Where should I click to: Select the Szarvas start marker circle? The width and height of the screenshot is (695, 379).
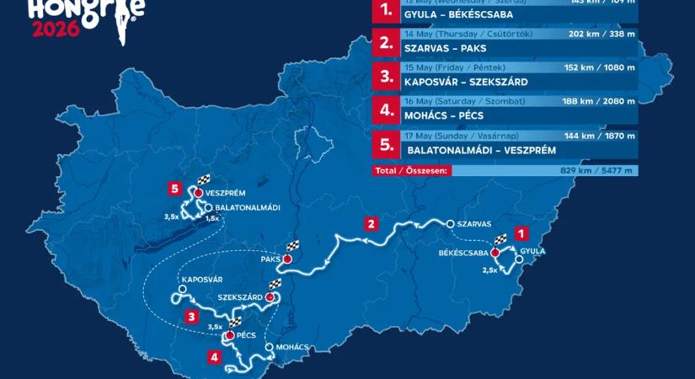[x=451, y=224]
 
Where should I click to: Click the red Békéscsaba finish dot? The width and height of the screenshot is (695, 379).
[x=495, y=252]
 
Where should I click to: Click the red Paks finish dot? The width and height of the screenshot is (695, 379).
[x=287, y=259]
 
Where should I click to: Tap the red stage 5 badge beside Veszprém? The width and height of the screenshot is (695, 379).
[x=174, y=189]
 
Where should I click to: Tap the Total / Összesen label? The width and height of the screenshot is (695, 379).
[x=412, y=170]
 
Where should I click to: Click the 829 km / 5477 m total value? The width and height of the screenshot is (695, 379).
[x=598, y=170]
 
